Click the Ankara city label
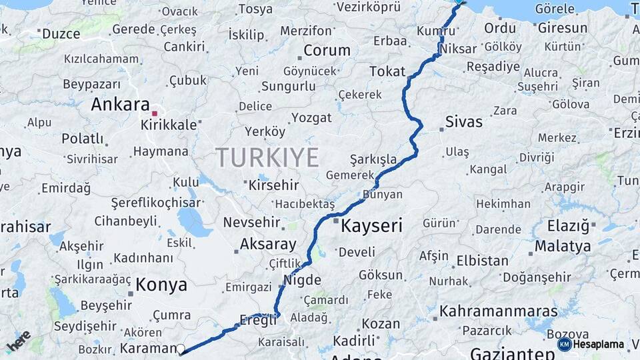[120, 105]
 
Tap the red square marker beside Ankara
[155, 113]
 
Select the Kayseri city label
[371, 226]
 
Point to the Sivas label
[463, 122]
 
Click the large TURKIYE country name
[267, 158]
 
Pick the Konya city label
[161, 285]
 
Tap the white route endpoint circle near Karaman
[181, 349]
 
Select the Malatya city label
[562, 246]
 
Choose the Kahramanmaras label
[498, 311]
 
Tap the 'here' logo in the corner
[18, 341]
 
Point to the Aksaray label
[267, 243]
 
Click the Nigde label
[302, 280]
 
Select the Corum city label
[327, 50]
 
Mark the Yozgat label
[311, 118]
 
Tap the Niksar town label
[459, 49]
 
